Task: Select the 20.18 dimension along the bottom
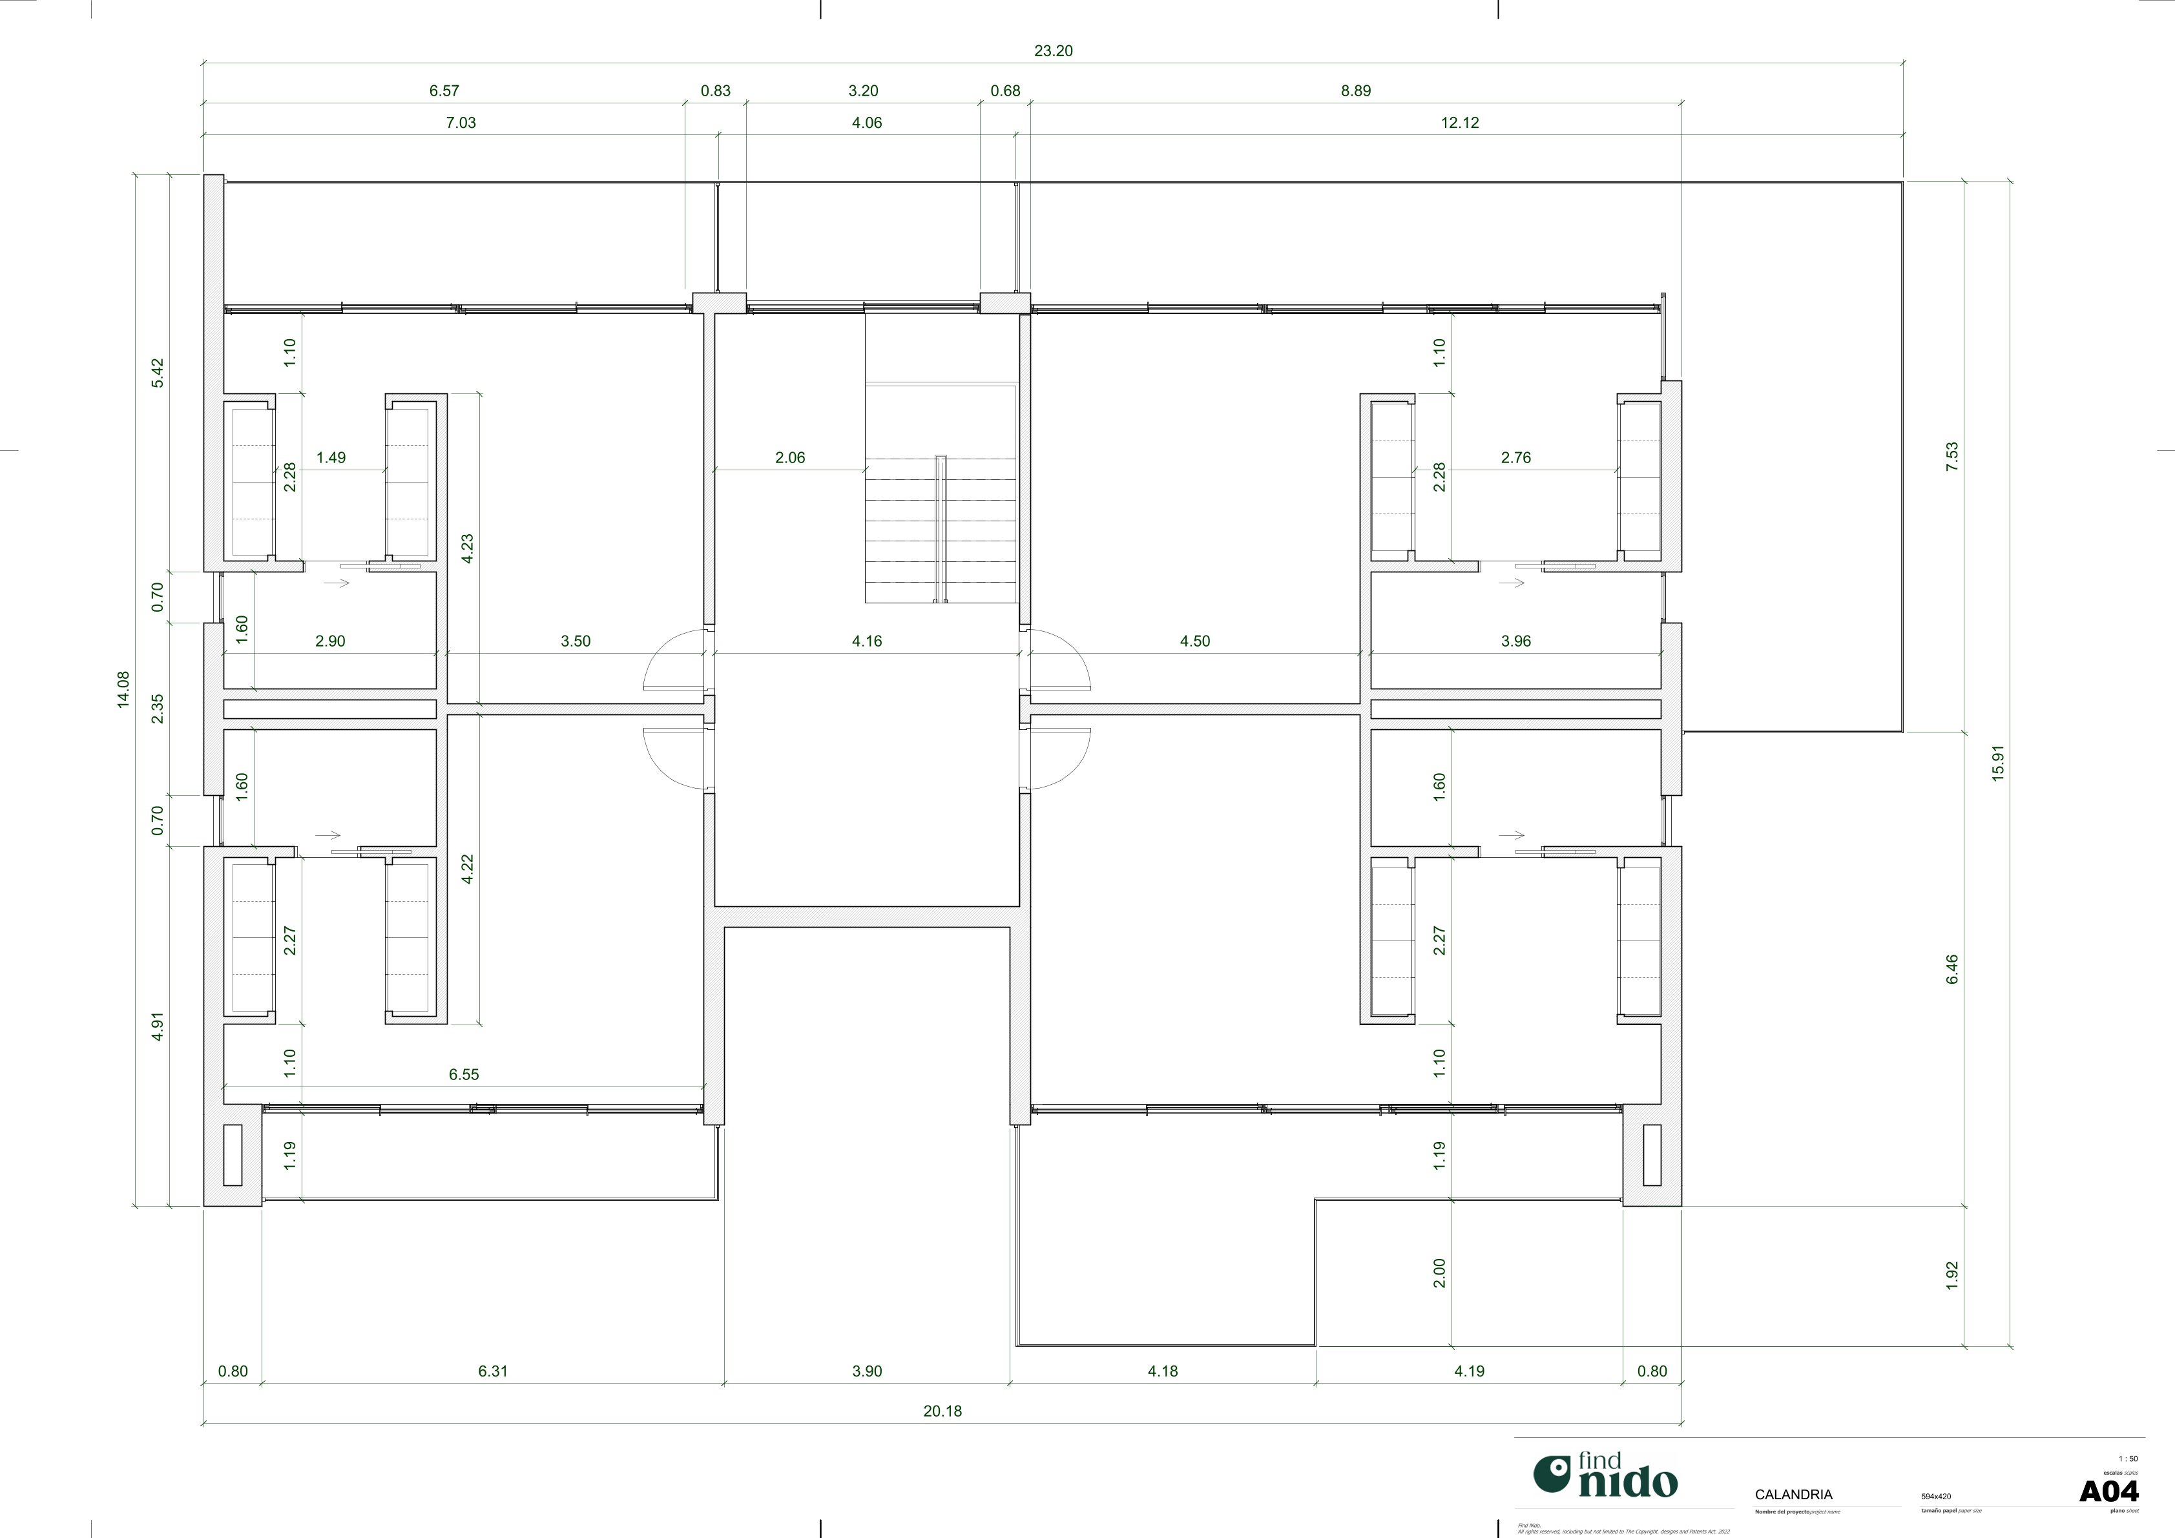pos(942,1411)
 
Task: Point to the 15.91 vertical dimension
pos(1998,762)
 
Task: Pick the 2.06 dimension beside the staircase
pos(789,457)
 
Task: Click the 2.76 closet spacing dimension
pos(1515,457)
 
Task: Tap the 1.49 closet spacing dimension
pos(331,457)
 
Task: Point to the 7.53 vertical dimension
pos(1951,457)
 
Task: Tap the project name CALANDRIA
pos(1793,1495)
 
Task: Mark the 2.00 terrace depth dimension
pos(1439,1273)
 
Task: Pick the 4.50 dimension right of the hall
pos(1194,641)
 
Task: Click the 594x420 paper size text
pos(1935,1496)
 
